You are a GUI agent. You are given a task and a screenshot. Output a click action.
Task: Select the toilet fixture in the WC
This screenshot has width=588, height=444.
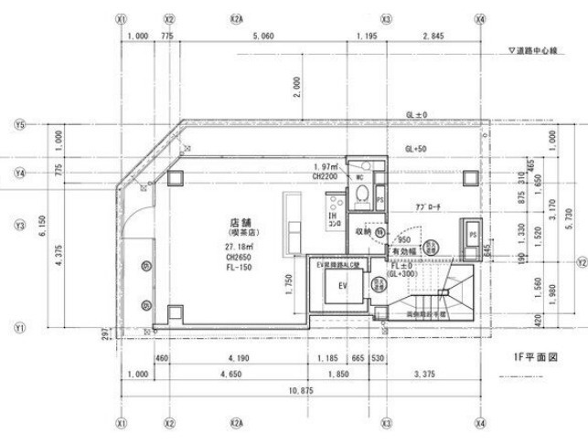[363, 193]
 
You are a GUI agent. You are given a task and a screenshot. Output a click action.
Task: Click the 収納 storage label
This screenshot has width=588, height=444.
[364, 231]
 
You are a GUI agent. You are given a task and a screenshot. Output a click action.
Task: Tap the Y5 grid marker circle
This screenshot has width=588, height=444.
[19, 125]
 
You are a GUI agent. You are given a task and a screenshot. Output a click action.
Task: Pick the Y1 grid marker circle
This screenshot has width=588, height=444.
[19, 325]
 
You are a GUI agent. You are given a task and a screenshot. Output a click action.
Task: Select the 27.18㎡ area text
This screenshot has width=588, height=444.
[241, 247]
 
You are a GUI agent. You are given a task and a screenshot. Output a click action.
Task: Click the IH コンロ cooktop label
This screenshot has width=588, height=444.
[334, 220]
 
